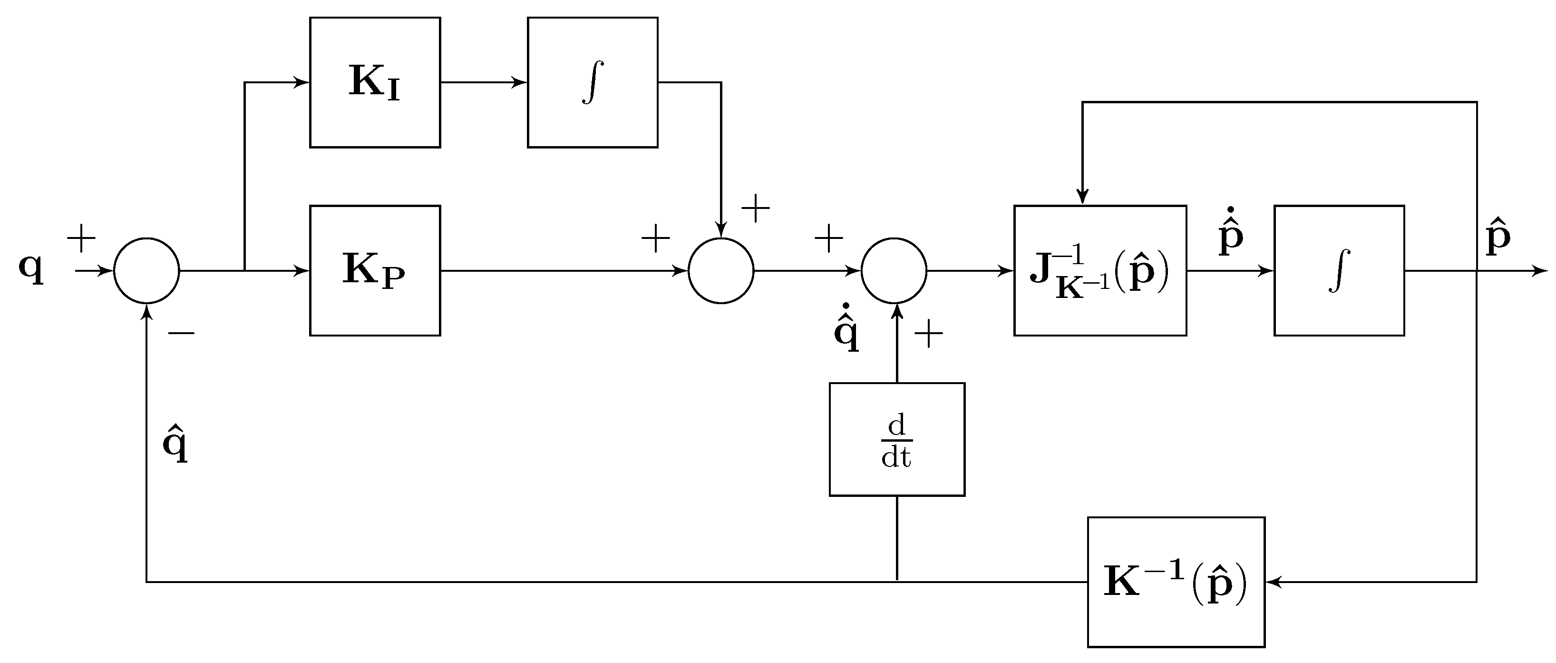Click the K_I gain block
[x=375, y=82]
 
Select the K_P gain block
[x=375, y=270]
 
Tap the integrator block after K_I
[x=592, y=82]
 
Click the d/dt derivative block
[x=896, y=439]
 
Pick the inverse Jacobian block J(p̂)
[x=1099, y=270]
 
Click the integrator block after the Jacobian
[x=1339, y=270]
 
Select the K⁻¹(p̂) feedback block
[x=1176, y=582]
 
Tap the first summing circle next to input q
[x=147, y=270]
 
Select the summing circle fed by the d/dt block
[x=894, y=270]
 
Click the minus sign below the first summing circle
[x=181, y=332]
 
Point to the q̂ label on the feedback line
[x=175, y=444]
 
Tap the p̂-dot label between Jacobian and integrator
[x=1230, y=233]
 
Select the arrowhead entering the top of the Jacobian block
[x=1082, y=197]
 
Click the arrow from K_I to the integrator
[x=483, y=82]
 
